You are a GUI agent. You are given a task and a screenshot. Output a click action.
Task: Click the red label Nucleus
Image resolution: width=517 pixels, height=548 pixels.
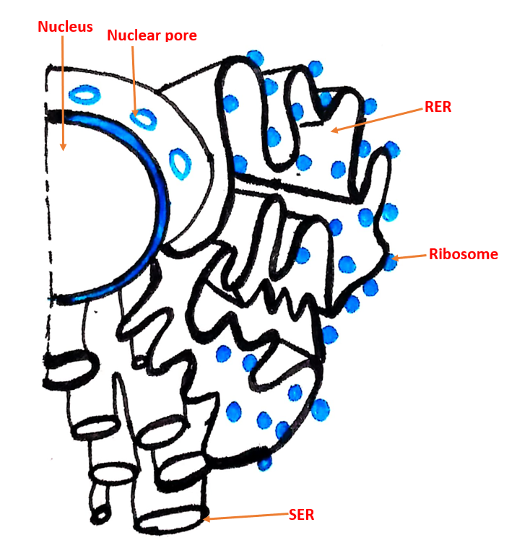click(x=65, y=27)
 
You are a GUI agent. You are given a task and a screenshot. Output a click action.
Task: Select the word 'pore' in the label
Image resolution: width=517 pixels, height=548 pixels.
click(x=181, y=36)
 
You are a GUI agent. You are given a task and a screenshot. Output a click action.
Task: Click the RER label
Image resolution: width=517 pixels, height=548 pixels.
click(x=438, y=107)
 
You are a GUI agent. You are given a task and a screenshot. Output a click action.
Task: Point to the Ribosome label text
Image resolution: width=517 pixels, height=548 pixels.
click(x=464, y=254)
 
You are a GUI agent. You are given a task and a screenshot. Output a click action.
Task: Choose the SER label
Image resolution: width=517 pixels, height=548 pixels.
click(x=301, y=515)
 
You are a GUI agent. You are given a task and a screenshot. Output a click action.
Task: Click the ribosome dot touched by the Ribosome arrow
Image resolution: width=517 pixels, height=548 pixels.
click(x=390, y=263)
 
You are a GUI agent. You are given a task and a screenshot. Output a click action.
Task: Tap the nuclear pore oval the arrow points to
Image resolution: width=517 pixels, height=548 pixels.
click(x=143, y=119)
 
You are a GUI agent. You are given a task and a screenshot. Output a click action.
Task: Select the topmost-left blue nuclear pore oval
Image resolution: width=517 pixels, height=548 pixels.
click(x=84, y=95)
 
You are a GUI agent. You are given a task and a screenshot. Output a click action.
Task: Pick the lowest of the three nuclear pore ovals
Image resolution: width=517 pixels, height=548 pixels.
click(x=180, y=164)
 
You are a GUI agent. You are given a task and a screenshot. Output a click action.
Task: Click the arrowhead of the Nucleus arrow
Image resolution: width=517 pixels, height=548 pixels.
click(x=63, y=147)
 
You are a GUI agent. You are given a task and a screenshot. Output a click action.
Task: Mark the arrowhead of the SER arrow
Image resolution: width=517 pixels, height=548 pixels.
click(x=207, y=518)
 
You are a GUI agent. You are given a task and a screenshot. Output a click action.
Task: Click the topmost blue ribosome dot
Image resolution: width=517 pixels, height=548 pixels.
click(x=255, y=58)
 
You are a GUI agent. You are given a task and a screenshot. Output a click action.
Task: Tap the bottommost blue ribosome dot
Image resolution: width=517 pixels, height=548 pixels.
click(x=264, y=463)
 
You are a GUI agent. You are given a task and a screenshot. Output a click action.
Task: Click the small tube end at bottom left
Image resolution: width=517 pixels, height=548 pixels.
click(x=101, y=516)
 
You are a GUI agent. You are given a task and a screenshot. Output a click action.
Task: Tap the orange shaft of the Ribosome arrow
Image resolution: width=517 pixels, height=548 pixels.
click(x=412, y=257)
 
